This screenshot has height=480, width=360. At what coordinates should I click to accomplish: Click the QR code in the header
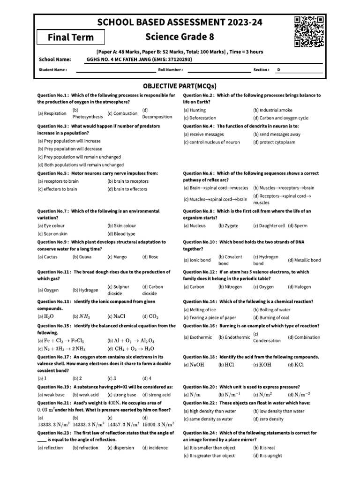pyautogui.click(x=309, y=31)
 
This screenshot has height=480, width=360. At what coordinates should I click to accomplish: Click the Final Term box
pyautogui.click(x=71, y=37)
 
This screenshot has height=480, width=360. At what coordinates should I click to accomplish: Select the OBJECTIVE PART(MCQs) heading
pyautogui.click(x=180, y=86)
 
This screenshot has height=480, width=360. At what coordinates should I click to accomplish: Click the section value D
pyautogui.click(x=278, y=69)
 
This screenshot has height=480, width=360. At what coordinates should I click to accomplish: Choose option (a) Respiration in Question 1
pyautogui.click(x=52, y=113)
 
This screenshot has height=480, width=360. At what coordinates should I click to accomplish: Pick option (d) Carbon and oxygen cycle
pyautogui.click(x=280, y=118)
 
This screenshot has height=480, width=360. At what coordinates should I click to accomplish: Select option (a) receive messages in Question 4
pyautogui.click(x=203, y=135)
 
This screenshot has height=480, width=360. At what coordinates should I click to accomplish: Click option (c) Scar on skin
pyautogui.click(x=52, y=233)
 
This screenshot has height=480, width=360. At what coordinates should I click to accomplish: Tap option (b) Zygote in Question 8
pyautogui.click(x=228, y=225)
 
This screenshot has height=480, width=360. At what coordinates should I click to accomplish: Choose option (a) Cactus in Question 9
pyautogui.click(x=48, y=257)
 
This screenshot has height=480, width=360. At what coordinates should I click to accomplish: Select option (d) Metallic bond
pyautogui.click(x=304, y=260)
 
